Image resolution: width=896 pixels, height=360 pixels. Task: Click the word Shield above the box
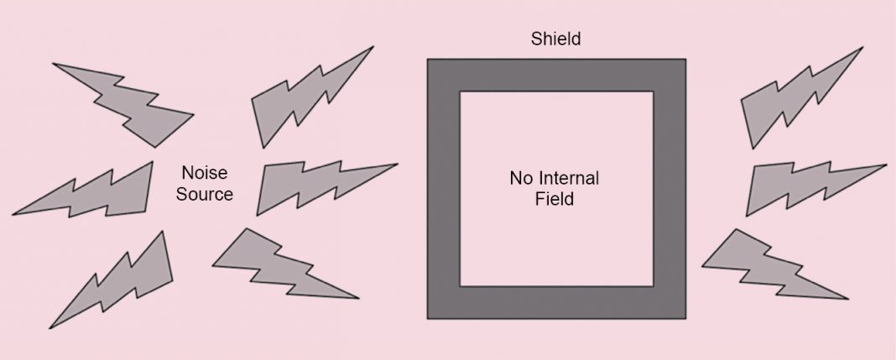click(555, 39)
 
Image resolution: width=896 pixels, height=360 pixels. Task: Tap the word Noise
click(205, 174)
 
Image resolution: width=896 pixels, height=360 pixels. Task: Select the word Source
click(205, 194)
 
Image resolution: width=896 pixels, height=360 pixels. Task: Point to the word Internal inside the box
click(570, 178)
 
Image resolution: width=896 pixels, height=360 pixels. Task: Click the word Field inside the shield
click(554, 200)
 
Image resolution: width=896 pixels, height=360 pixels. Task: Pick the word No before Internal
click(522, 178)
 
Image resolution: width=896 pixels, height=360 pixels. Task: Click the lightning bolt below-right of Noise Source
click(277, 264)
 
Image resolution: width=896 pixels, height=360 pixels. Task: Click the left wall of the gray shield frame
click(444, 189)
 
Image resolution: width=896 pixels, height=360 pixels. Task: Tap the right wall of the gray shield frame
click(669, 189)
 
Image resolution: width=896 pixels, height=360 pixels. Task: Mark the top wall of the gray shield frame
click(556, 75)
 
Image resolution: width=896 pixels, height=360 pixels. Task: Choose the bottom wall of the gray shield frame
click(556, 302)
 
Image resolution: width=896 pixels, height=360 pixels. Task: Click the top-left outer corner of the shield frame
click(430, 60)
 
